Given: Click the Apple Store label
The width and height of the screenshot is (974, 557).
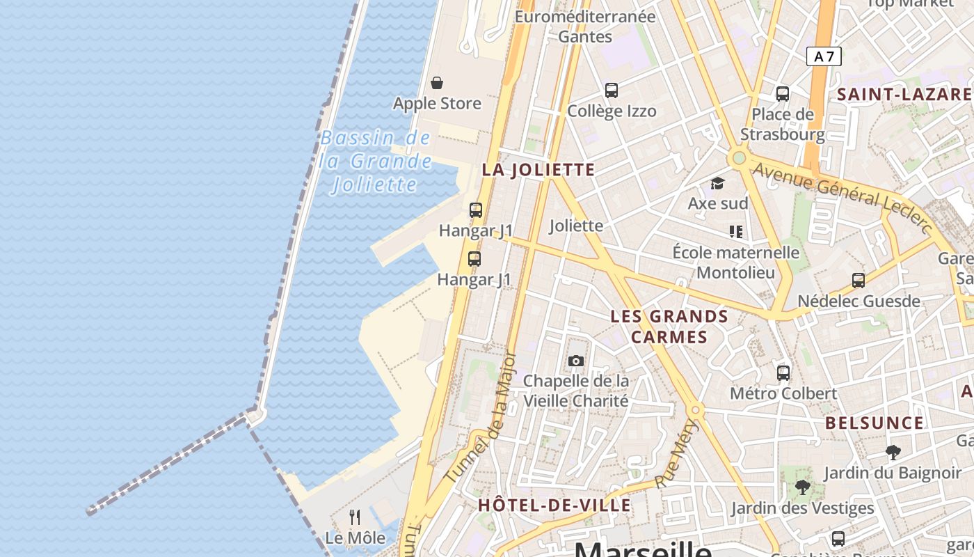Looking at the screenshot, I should click(x=437, y=104).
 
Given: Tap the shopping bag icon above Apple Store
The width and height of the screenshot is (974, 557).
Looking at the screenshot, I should click(x=437, y=84).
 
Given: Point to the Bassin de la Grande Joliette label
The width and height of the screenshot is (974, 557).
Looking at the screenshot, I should click(x=376, y=162).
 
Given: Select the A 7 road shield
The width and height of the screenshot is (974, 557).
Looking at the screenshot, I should click(x=824, y=56).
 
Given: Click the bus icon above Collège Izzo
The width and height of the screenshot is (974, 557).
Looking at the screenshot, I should click(x=612, y=91).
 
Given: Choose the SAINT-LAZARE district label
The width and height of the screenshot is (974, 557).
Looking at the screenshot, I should click(x=904, y=95).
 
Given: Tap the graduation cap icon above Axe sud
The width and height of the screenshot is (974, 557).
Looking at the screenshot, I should click(x=717, y=183).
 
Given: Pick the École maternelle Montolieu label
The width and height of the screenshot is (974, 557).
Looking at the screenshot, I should click(x=735, y=262).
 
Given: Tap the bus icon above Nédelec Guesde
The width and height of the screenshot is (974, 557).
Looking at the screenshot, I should click(x=859, y=281).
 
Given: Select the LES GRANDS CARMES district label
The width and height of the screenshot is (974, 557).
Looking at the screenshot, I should click(x=669, y=327).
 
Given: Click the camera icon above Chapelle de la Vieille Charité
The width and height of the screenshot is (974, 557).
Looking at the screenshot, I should click(x=575, y=361).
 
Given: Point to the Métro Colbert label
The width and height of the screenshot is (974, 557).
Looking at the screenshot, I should click(x=783, y=393).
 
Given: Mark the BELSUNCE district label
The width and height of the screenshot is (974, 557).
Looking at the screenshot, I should click(x=875, y=423).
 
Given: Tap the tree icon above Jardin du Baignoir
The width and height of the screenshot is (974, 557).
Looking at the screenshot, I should click(x=893, y=453).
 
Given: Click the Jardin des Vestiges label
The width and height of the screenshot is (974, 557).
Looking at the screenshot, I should click(x=802, y=508).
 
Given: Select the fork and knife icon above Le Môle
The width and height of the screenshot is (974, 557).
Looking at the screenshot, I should click(x=355, y=517).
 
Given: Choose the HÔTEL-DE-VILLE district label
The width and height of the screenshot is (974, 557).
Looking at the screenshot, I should click(x=554, y=505).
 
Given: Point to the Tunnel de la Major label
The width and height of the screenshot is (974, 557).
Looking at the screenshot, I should click(x=481, y=418).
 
